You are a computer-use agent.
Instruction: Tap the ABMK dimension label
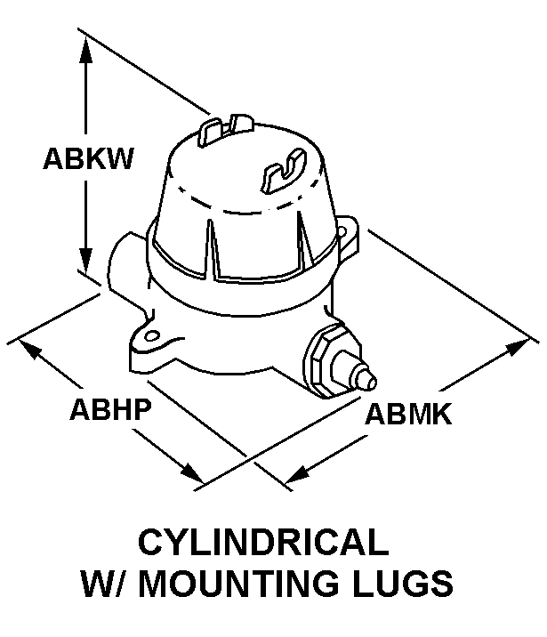[x=408, y=414]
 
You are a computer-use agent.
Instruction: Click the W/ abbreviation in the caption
[x=106, y=585]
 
